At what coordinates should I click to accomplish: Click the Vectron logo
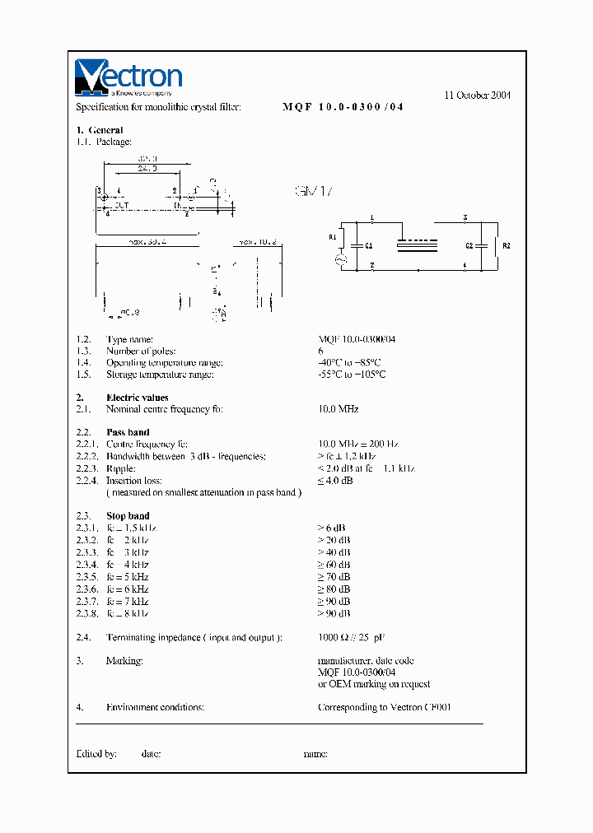pyautogui.click(x=128, y=78)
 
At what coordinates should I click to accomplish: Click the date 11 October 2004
pyautogui.click(x=477, y=95)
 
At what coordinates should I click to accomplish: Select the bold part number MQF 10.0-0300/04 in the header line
pyautogui.click(x=343, y=107)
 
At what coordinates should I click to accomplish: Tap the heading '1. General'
pyautogui.click(x=100, y=130)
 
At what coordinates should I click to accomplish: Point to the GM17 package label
pyautogui.click(x=313, y=191)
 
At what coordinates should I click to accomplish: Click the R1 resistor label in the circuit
pyautogui.click(x=333, y=237)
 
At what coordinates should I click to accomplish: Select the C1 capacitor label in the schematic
pyautogui.click(x=369, y=245)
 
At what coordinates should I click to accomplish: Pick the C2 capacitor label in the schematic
pyautogui.click(x=469, y=245)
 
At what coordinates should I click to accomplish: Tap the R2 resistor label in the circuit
pyautogui.click(x=507, y=245)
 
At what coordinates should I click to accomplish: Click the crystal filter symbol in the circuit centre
pyautogui.click(x=418, y=246)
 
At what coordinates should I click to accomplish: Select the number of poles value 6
pyautogui.click(x=320, y=351)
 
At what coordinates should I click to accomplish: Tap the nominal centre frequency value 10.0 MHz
pyautogui.click(x=339, y=409)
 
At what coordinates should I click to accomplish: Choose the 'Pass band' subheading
pyautogui.click(x=128, y=432)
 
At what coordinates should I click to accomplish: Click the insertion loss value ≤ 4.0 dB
pyautogui.click(x=335, y=481)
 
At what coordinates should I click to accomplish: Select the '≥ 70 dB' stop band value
pyautogui.click(x=334, y=577)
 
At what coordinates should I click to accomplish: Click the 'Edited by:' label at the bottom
pyautogui.click(x=96, y=753)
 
